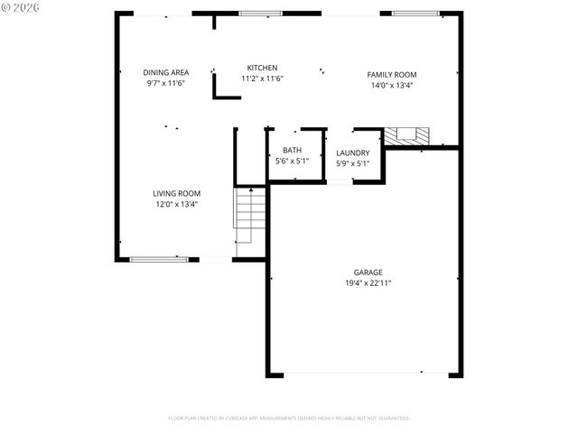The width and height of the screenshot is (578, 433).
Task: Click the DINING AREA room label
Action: (165, 72)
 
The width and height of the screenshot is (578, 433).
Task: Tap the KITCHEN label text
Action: (262, 68)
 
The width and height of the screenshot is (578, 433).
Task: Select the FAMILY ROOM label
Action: (391, 75)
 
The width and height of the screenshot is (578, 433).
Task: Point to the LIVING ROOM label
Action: (176, 193)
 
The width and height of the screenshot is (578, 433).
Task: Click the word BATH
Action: (292, 151)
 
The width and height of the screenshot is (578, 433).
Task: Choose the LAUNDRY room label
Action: (352, 153)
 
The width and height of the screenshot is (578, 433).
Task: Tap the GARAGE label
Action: (368, 272)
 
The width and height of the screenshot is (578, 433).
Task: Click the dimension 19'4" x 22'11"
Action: (368, 282)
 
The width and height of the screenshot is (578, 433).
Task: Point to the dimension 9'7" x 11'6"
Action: (165, 83)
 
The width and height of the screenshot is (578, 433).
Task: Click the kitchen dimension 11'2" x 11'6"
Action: (262, 78)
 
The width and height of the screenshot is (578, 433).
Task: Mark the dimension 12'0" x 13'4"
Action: (176, 204)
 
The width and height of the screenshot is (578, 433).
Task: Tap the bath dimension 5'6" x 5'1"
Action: (292, 161)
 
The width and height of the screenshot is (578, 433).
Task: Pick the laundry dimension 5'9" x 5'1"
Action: (352, 164)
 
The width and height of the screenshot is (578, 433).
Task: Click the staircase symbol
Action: (250, 215)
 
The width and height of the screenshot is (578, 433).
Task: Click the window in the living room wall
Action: (159, 260)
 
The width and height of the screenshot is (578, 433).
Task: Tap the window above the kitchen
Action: (260, 14)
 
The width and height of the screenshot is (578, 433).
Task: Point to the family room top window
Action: (415, 14)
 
